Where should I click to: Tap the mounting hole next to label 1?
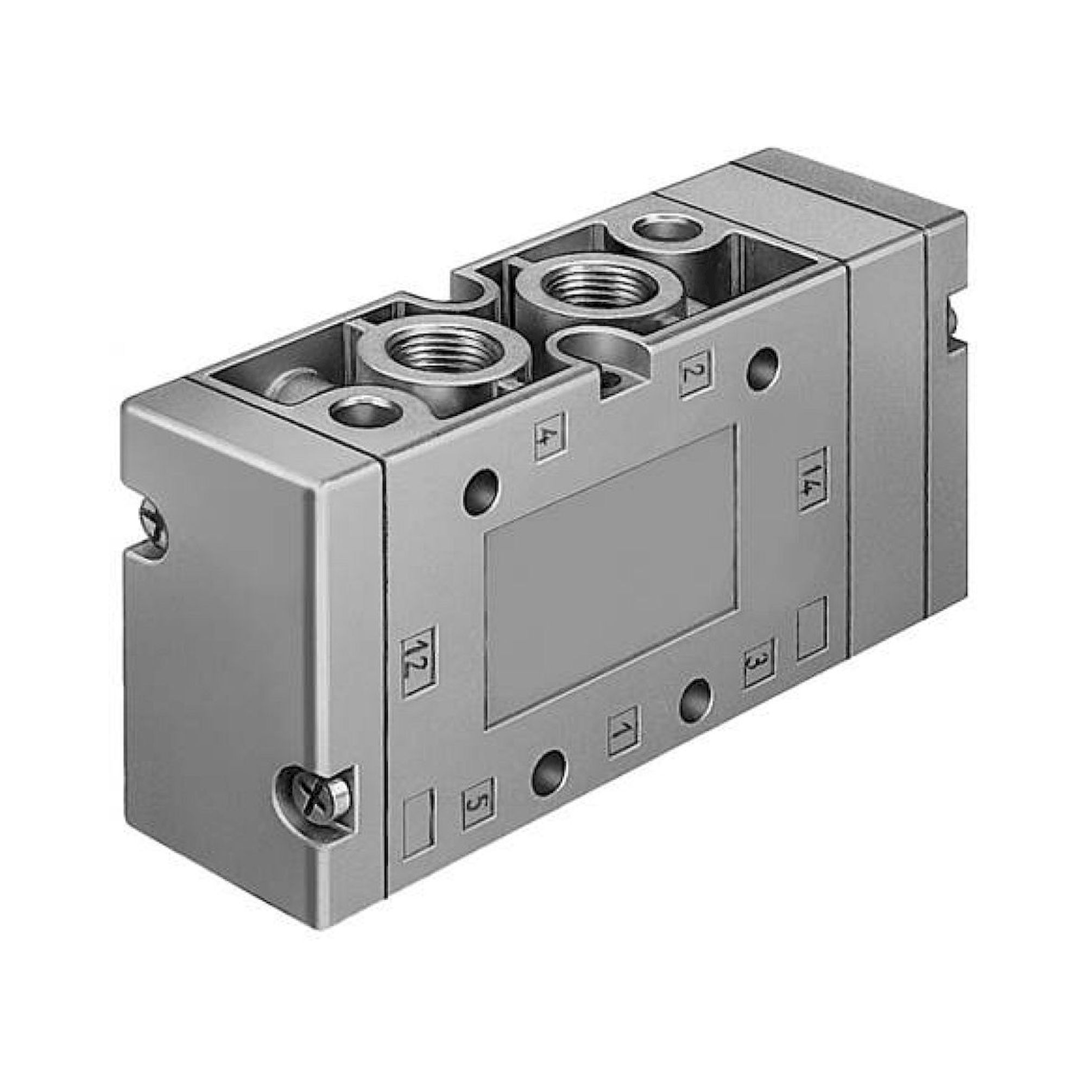pos(697,700)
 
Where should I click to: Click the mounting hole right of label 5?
pos(547,772)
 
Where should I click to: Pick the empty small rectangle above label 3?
pos(812,628)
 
